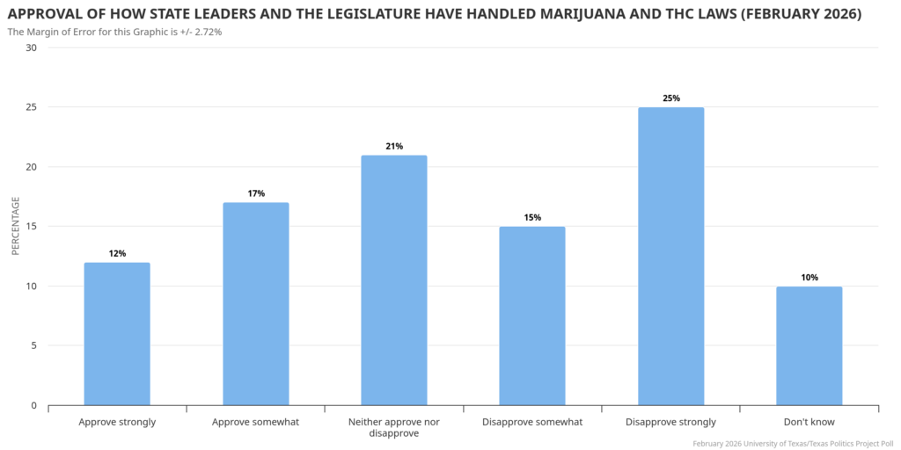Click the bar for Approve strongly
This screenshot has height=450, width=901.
117,334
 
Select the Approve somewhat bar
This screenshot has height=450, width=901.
256,304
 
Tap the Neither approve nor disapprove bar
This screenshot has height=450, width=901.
394,280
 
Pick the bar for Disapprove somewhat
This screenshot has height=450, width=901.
532,316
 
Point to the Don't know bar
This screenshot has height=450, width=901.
809,346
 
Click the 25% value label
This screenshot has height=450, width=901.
670,98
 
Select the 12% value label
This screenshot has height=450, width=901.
117,253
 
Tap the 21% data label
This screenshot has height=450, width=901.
394,146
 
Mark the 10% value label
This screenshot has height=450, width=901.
809,278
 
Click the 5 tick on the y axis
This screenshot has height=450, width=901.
33,345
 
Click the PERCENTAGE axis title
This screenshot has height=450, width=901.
15,227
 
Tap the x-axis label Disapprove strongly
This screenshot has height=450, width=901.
670,422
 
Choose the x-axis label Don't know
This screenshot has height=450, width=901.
809,422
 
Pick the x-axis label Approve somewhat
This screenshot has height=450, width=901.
256,422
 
